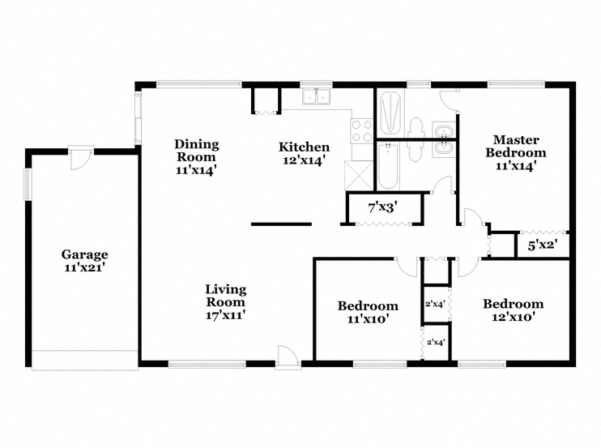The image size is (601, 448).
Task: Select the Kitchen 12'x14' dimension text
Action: (304, 160)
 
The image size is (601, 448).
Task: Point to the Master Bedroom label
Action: (515, 146)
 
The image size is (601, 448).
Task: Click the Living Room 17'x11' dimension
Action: (225, 315)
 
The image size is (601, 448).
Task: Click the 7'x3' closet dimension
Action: (382, 207)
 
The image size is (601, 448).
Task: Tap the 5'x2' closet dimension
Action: (543, 245)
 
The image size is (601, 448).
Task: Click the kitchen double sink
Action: (317, 96)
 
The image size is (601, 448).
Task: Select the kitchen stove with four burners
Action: (362, 131)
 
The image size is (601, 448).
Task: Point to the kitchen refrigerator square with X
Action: (359, 176)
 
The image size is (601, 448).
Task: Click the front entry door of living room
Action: (288, 357)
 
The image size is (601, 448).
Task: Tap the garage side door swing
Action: (81, 158)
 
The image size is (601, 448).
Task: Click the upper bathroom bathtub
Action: (390, 113)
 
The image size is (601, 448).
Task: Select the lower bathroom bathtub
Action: (388, 166)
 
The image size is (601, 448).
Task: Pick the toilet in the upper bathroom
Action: (416, 128)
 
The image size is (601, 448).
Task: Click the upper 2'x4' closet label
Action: (435, 305)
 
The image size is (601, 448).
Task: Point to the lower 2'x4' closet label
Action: (436, 342)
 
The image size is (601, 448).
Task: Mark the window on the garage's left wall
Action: (28, 185)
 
